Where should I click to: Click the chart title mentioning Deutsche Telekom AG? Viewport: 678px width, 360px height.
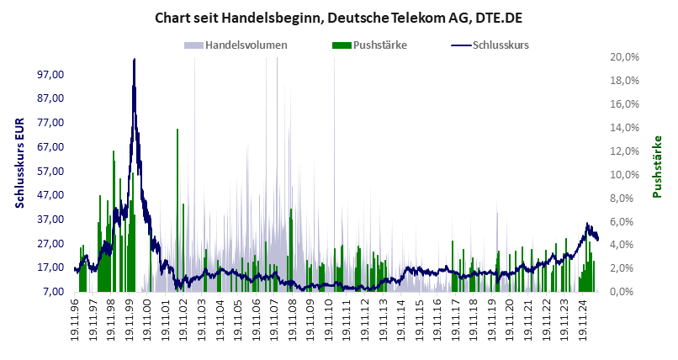338,17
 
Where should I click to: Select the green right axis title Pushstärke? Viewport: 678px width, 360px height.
659,167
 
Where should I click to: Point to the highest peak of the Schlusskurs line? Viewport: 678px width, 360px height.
134,60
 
